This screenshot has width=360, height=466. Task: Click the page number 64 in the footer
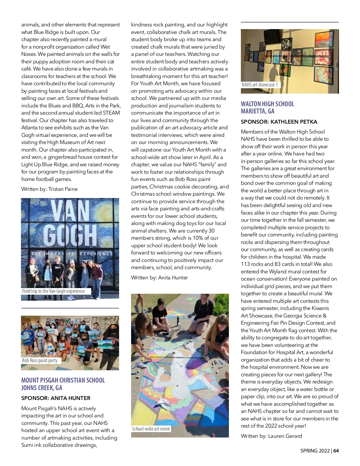336,451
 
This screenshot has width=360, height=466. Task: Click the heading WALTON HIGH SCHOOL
267,104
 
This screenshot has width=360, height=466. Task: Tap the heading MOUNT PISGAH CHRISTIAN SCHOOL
63,380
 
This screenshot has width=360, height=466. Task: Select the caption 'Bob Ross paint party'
40,360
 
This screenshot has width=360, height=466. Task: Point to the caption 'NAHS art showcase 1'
260,85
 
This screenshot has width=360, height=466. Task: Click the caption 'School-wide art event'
151,429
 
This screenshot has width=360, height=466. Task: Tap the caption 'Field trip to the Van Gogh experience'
53,291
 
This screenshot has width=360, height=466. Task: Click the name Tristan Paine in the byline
63,189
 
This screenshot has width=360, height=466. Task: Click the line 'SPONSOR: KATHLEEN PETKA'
279,122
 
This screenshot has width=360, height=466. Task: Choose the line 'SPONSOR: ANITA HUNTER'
56,398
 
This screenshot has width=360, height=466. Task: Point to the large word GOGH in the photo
70,236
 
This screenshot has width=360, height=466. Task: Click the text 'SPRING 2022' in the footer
315,451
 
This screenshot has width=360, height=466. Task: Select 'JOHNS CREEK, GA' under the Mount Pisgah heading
42,388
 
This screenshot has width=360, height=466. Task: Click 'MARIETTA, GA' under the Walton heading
257,111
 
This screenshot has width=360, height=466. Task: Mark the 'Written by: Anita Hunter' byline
159,278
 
